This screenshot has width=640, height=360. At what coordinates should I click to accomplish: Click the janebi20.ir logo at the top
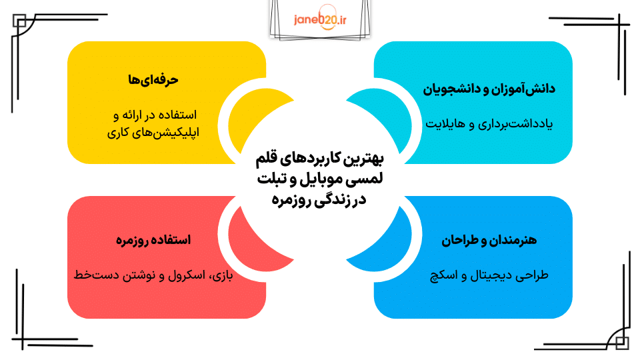[x=320, y=19]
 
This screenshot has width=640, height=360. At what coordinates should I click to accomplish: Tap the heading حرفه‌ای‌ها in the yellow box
[x=154, y=79]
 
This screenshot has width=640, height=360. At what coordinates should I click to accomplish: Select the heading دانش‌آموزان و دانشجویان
[x=490, y=89]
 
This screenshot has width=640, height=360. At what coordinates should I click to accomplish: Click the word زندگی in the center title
[x=327, y=199]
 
